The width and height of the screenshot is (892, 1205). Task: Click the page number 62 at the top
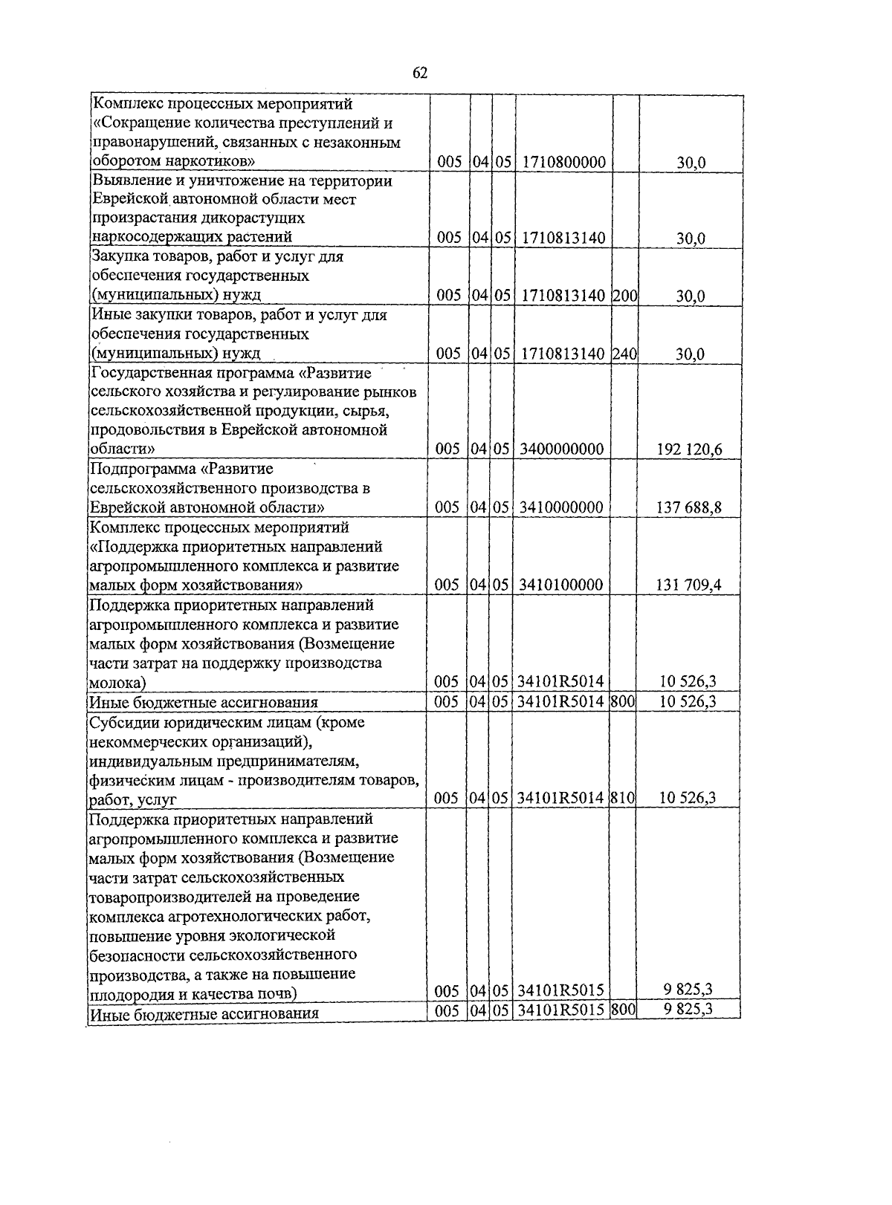[419, 73]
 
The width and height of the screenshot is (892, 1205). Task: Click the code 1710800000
[563, 162]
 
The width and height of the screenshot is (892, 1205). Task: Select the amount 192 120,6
[689, 449]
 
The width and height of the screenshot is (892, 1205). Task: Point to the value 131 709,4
[688, 585]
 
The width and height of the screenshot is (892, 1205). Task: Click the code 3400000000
[561, 449]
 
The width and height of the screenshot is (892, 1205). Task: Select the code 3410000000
[561, 507]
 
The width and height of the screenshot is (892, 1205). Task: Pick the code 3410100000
[561, 585]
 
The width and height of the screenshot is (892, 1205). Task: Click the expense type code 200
[625, 296]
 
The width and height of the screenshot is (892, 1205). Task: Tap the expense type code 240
[625, 354]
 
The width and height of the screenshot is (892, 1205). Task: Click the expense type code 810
[623, 798]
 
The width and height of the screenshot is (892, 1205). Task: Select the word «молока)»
[117, 682]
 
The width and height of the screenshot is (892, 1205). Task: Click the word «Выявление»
[127, 181]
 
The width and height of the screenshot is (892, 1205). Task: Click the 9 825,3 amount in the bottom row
[687, 1009]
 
